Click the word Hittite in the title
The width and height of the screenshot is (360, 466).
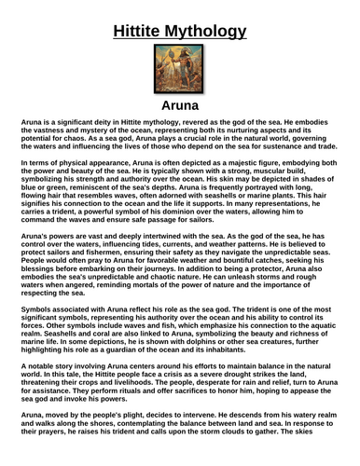tap(145, 34)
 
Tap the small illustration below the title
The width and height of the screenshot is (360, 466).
tap(178, 71)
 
